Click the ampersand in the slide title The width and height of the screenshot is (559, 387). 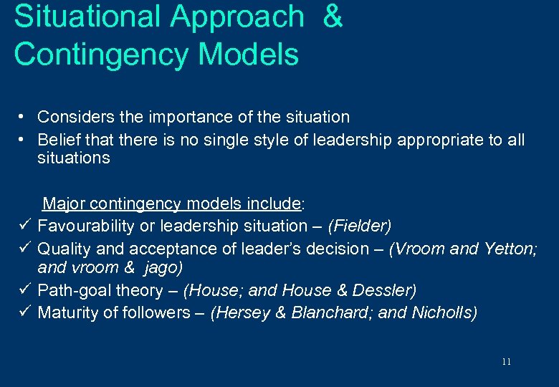333,16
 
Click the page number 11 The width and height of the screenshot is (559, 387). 507,362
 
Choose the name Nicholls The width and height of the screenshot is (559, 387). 443,312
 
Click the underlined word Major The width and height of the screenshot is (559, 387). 62,204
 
